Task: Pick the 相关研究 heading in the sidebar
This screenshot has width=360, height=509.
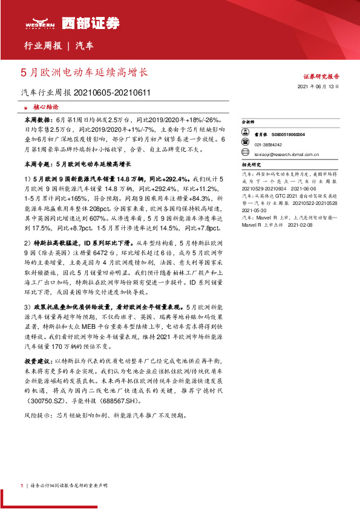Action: click(250, 164)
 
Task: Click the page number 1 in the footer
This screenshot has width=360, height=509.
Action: click(21, 485)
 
